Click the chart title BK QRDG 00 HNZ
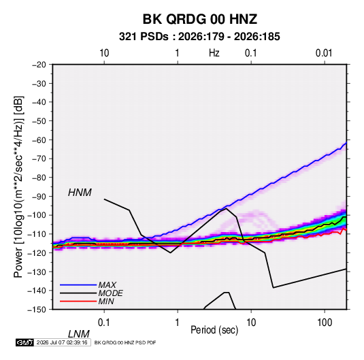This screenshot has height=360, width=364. tap(199, 19)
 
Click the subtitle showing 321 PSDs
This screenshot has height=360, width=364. tap(199, 37)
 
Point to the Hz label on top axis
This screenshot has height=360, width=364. tap(214, 53)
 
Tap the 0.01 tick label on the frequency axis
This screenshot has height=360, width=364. tap(324, 53)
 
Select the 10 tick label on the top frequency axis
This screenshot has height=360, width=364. tap(104, 53)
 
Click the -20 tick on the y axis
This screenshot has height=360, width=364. tap(39, 65)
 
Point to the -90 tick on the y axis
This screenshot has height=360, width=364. tap(39, 196)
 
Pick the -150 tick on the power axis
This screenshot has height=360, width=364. tap(37, 310)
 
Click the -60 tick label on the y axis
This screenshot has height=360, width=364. tap(39, 140)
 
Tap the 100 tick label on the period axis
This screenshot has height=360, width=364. tap(325, 323)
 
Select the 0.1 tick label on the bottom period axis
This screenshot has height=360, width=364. tap(104, 323)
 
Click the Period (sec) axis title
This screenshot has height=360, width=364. tap(214, 330)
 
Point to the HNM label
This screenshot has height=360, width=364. tap(80, 193)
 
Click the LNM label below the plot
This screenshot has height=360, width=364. tap(78, 334)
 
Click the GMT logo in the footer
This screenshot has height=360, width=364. tap(24, 342)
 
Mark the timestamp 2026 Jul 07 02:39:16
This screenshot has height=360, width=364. tap(62, 342)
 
